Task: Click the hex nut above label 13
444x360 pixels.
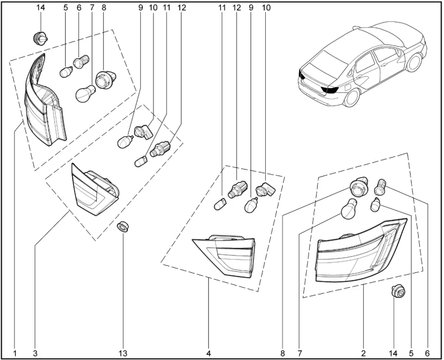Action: pyautogui.click(x=122, y=226)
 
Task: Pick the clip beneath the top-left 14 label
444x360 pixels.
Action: pyautogui.click(x=39, y=39)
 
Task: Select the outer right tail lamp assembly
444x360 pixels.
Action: pyautogui.click(x=360, y=251)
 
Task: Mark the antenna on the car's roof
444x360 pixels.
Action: pyautogui.click(x=360, y=27)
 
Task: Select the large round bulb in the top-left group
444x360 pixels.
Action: pyautogui.click(x=86, y=93)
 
